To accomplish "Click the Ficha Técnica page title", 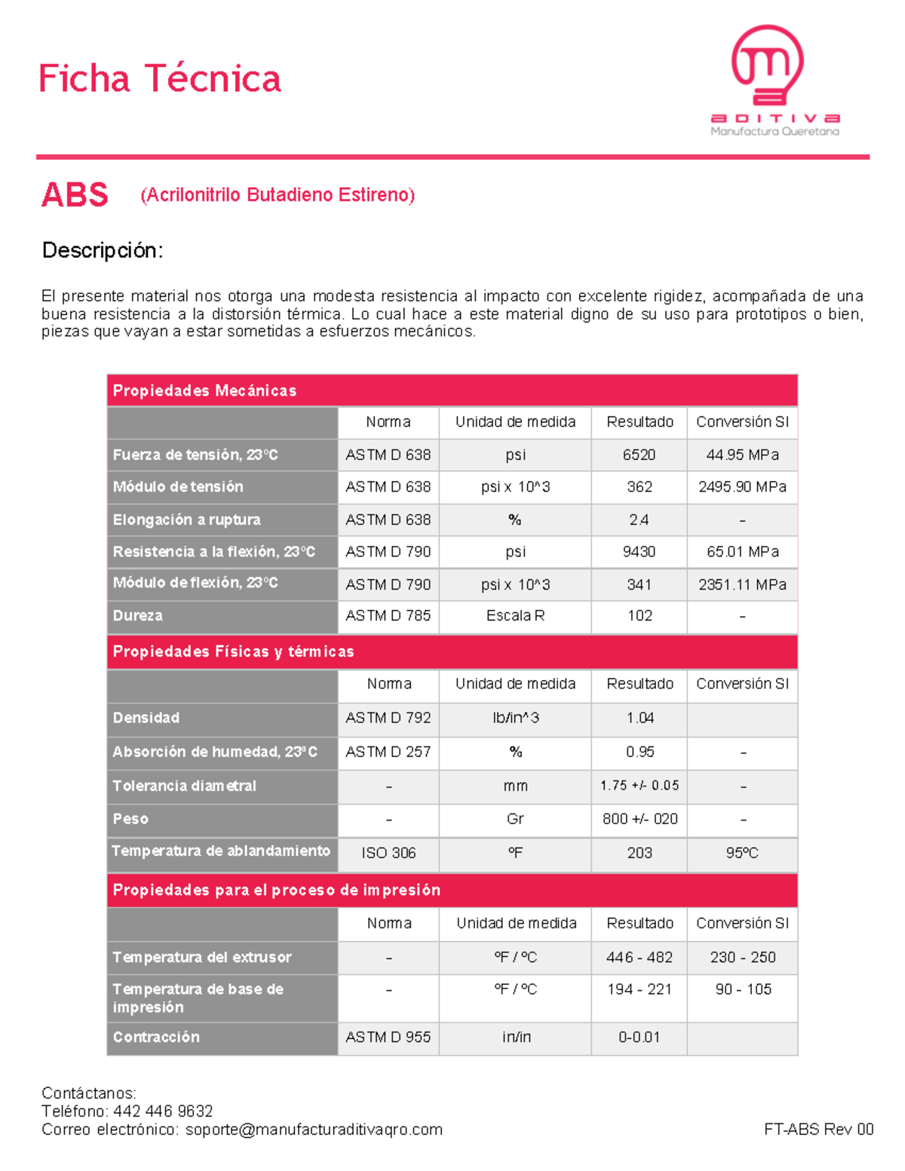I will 159,79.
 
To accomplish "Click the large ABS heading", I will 75,195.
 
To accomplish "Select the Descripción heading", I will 103,250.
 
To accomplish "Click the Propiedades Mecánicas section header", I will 204,391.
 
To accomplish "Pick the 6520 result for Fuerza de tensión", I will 639,455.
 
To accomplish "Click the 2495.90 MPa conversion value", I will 742,487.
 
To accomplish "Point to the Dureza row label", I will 138,615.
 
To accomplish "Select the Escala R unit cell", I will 515,615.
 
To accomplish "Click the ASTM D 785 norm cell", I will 388,615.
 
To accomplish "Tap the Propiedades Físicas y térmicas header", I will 233,651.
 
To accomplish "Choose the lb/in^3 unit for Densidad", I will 515,718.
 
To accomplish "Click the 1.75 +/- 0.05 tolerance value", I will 640,786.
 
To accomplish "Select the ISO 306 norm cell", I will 388,853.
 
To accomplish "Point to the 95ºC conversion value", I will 742,853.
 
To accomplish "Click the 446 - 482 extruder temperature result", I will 640,957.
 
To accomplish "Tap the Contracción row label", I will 156,1037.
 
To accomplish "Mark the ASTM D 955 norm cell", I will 388,1037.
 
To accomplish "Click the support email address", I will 314,1130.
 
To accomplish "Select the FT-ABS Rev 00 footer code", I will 818,1130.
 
